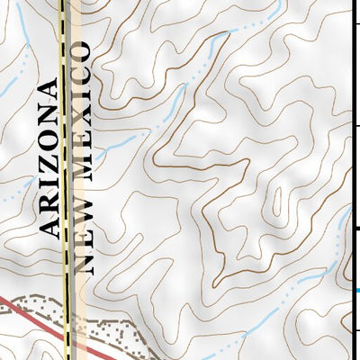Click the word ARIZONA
pos(52,158)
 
